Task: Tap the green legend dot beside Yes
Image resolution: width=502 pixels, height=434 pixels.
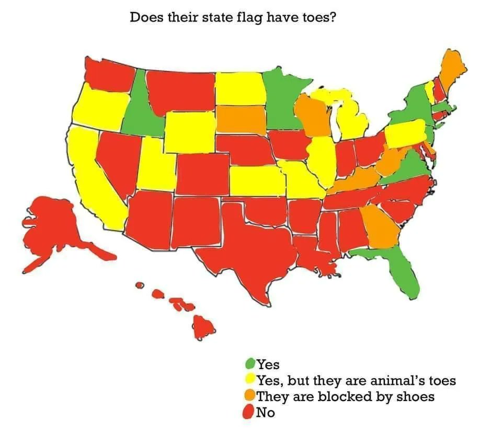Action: (250, 363)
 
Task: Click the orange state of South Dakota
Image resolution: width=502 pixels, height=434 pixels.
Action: (241, 119)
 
